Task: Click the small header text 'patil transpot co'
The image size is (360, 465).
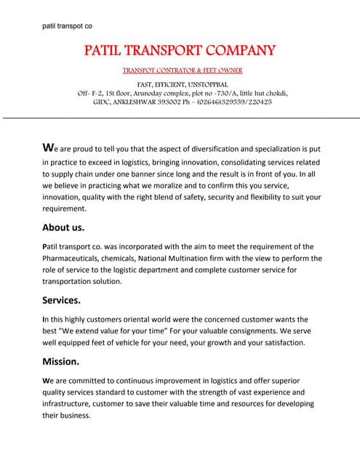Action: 67,26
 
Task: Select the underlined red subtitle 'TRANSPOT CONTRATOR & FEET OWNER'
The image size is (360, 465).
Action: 182,70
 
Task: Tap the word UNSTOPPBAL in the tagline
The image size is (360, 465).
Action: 211,85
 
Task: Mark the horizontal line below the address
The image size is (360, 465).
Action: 180,118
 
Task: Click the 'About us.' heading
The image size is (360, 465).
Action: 64,227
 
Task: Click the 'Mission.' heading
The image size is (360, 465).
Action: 60,360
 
